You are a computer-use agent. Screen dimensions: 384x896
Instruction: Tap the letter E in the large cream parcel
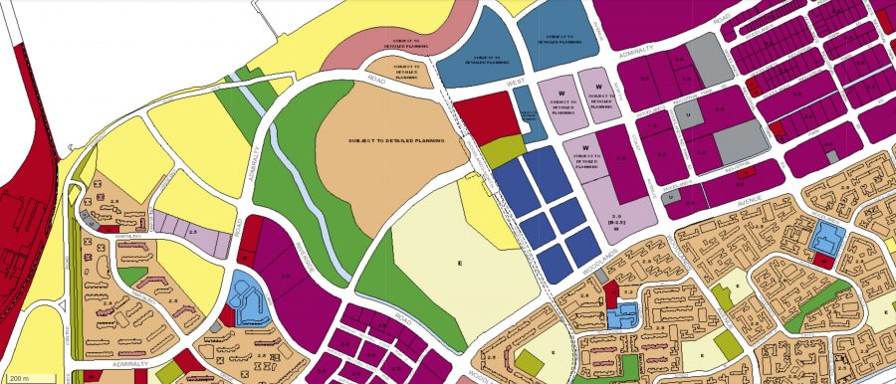coord(460,263)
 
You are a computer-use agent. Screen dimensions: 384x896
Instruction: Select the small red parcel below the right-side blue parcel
coord(823,260)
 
